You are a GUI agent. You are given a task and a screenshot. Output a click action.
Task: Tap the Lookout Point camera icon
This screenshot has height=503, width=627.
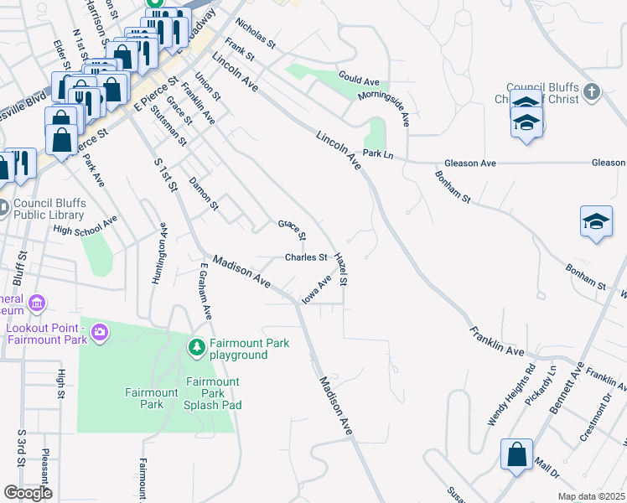100,334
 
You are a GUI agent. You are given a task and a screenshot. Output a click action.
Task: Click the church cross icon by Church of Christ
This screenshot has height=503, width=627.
592,91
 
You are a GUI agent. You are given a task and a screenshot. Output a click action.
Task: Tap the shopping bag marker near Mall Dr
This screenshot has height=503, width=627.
517,455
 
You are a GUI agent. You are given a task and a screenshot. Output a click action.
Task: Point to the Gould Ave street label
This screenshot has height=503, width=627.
360,80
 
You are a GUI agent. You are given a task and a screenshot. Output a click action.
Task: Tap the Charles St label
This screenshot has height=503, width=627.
305,257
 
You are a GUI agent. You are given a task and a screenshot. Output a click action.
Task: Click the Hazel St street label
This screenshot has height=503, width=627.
340,269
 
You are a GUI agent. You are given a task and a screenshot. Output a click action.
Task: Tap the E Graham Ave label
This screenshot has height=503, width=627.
204,290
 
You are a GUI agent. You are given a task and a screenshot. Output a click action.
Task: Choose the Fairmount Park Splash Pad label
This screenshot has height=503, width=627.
214,393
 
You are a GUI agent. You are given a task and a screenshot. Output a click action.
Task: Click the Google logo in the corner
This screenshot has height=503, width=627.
28,493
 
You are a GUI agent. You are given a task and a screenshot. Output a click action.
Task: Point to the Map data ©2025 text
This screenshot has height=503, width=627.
590,496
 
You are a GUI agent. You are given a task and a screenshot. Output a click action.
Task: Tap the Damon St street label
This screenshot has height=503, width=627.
204,194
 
